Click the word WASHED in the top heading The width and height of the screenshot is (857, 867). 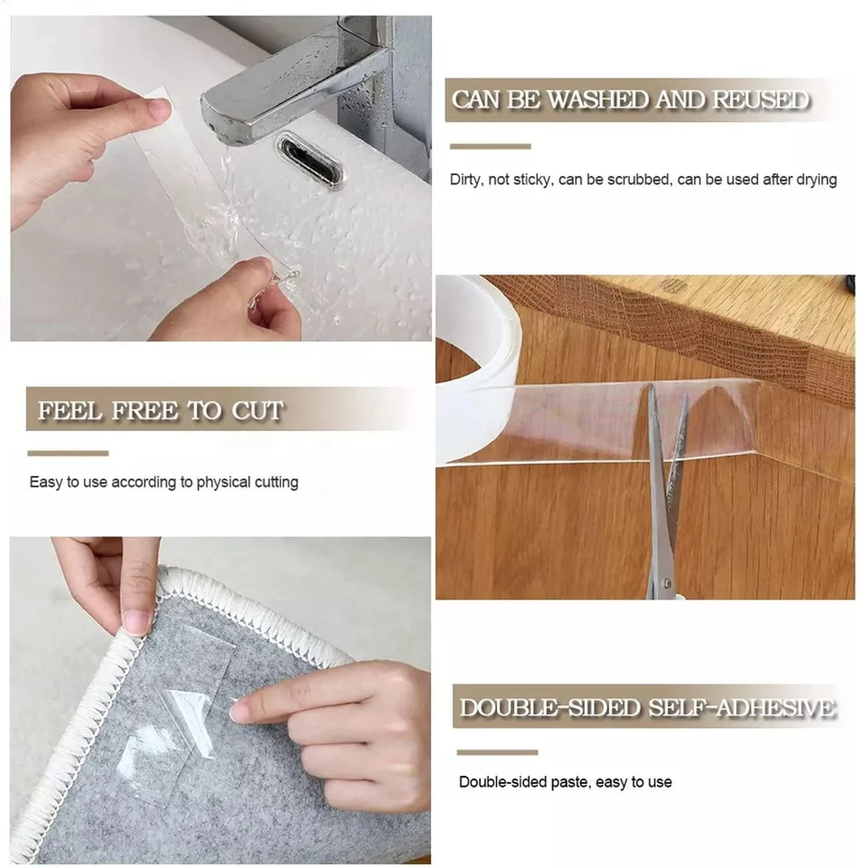[x=598, y=100]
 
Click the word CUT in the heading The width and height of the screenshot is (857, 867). [x=257, y=410]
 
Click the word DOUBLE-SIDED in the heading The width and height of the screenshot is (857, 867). [x=549, y=707]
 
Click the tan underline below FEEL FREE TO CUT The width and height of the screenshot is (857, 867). [x=68, y=453]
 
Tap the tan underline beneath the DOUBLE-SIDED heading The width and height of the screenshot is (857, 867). [x=497, y=752]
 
